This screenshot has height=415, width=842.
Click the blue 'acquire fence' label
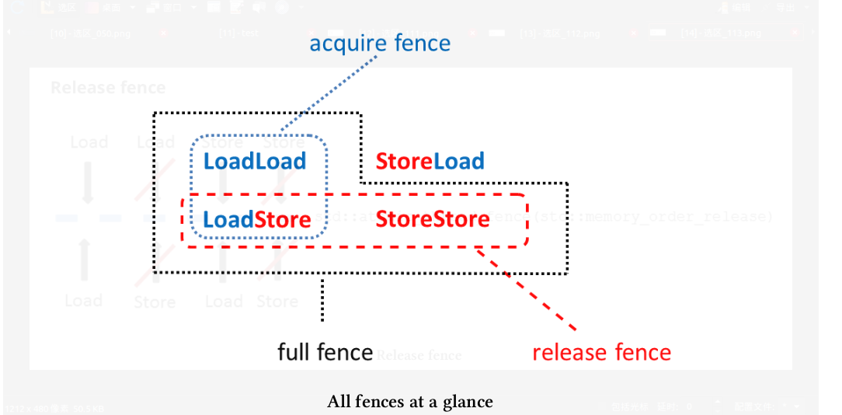coord(380,43)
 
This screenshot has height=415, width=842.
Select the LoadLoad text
coord(255,162)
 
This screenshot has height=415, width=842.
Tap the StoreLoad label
coord(430,162)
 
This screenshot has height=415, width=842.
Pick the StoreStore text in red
coord(433,219)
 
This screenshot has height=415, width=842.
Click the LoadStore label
coord(256,219)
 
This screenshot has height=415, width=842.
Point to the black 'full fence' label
coord(325,352)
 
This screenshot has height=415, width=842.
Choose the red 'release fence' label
coord(601,352)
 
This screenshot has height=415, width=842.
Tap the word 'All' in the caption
coord(340,402)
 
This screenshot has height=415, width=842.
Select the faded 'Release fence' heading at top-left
coord(108,87)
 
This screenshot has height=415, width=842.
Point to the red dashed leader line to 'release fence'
coord(528,288)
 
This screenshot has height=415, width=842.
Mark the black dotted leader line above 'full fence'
coord(322,299)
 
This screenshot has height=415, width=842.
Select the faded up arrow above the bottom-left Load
coord(85,260)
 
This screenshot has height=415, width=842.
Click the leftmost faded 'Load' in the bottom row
coord(84,301)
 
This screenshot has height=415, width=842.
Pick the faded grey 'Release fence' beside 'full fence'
coord(419,356)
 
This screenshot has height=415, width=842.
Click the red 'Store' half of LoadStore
coord(283,219)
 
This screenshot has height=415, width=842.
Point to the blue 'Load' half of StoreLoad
coord(458,162)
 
